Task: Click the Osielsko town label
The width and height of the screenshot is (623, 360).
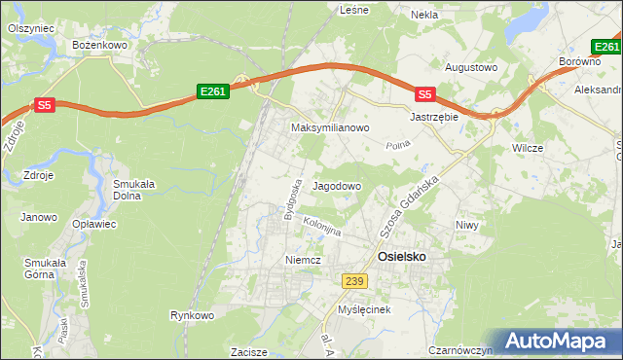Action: coord(400,256)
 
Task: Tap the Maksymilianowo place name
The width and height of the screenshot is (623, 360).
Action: coord(330,127)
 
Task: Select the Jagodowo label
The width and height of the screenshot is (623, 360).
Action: coord(337,185)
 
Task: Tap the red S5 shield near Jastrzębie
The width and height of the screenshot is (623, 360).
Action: coord(423,94)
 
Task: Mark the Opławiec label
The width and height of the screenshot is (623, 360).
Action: coord(94,224)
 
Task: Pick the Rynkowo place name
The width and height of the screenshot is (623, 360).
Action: coord(191,315)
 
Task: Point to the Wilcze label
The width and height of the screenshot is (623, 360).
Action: coord(527,148)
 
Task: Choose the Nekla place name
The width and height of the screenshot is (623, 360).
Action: coord(424,15)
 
